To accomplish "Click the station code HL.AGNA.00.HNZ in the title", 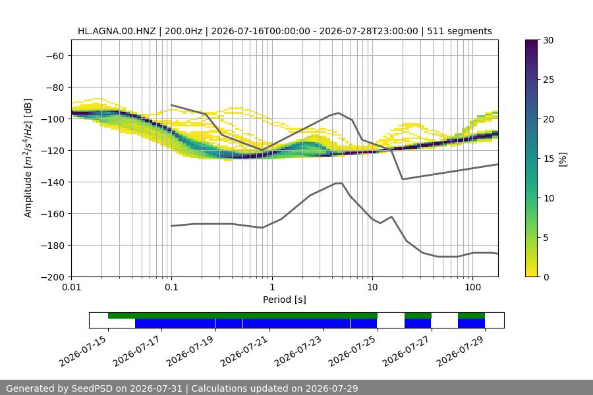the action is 117,31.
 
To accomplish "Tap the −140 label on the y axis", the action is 55,182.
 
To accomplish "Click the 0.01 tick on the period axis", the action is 71,287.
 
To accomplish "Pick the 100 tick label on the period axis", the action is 472,287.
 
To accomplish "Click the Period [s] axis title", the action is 285,300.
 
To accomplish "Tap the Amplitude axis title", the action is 28,158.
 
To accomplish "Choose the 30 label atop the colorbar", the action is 548,40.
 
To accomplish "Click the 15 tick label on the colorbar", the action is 548,159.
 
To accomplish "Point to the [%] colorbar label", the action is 563,159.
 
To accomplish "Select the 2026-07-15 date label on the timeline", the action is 83,351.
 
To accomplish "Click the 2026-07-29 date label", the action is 460,351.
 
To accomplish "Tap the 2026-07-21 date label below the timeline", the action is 244,351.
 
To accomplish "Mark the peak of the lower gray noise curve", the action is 339,183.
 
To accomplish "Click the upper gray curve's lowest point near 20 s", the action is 403,179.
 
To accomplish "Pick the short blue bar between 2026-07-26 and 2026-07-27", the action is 418,323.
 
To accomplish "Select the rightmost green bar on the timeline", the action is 471,315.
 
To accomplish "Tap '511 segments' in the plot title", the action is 459,31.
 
